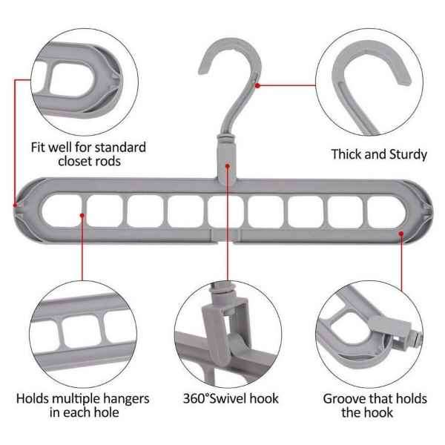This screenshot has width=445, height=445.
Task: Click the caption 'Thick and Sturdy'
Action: coord(378,154)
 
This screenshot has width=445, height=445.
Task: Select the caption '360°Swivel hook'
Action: coord(231,398)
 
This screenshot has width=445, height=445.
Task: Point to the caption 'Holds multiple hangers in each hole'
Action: coord(83,405)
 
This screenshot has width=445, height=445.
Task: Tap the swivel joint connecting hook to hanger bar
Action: coord(225,149)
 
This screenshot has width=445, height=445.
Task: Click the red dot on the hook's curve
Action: coord(257,85)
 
